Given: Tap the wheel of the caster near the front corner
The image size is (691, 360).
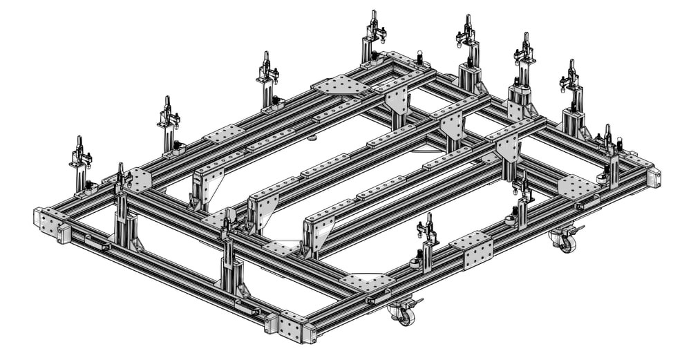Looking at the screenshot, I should (405, 316).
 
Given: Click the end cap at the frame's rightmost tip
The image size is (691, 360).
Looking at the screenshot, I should (654, 178).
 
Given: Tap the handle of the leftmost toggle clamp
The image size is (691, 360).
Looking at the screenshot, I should (79, 146).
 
